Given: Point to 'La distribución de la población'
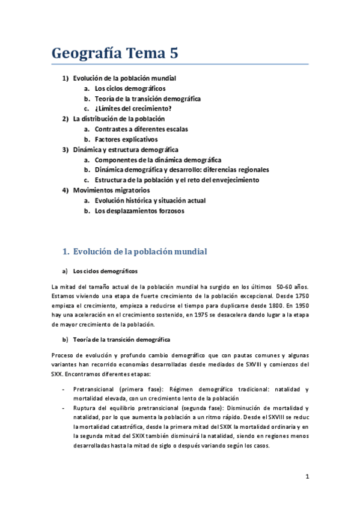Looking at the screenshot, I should (118, 119).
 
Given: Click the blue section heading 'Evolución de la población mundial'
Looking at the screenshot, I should (139, 251).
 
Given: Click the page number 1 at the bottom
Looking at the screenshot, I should (307, 477).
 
